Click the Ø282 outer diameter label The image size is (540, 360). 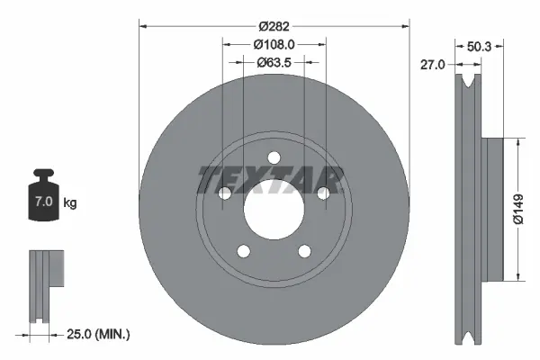point(274,27)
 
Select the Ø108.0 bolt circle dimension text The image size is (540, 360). point(274,45)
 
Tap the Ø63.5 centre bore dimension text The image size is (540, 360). point(274,62)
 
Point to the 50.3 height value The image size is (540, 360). point(480,44)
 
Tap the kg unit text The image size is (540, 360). point(70,203)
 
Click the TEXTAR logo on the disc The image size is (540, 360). point(270,177)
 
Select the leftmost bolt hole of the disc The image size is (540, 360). point(223,193)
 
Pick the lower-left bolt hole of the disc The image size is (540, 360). point(242,251)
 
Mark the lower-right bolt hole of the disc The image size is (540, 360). point(304,251)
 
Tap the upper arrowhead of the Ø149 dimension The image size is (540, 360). point(517,142)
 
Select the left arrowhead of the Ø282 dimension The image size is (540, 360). point(142,27)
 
